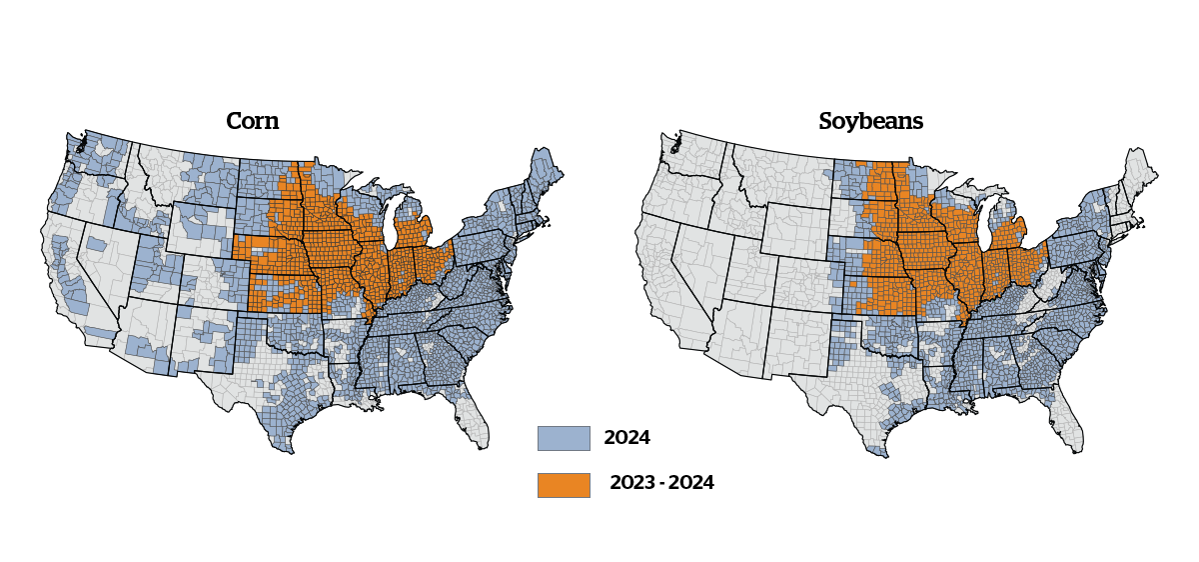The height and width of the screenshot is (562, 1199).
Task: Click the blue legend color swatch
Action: click(563, 438)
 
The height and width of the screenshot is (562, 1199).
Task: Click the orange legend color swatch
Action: click(563, 485)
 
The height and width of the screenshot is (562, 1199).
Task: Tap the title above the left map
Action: click(252, 121)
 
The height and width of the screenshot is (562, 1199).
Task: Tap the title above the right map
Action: click(870, 121)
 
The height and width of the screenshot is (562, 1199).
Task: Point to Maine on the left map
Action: click(544, 170)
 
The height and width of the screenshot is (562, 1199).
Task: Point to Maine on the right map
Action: click(1138, 171)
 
